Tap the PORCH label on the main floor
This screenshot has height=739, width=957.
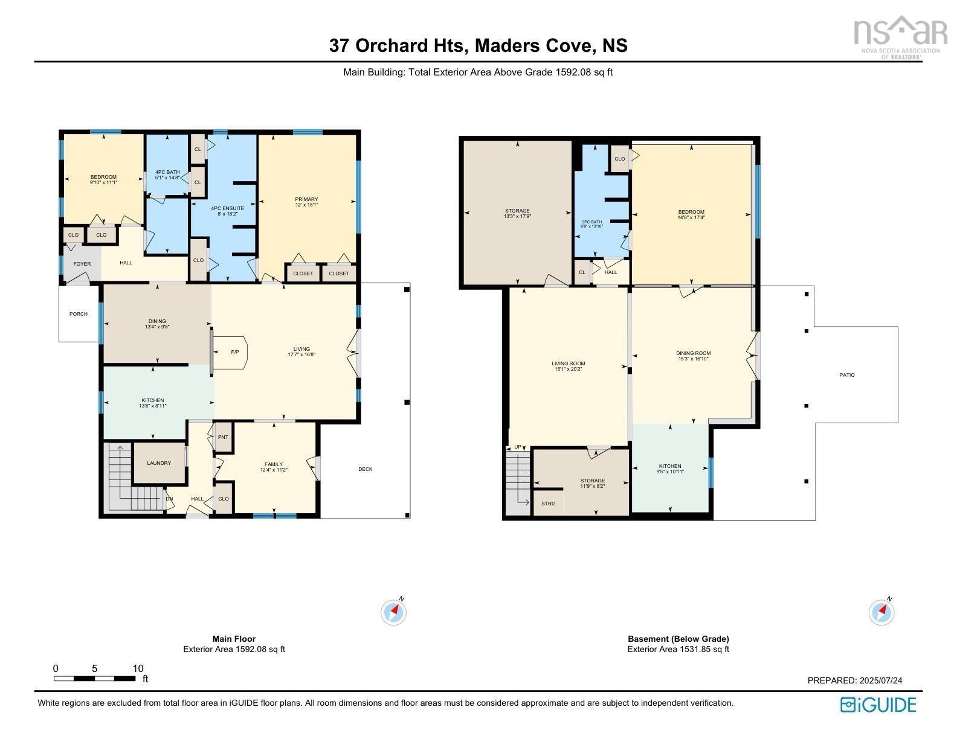click(x=79, y=314)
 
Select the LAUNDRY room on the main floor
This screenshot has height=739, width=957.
click(x=159, y=463)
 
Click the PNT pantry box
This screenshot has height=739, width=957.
click(x=223, y=437)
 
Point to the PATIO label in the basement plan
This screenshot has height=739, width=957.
click(x=847, y=375)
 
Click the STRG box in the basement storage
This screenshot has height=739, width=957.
click(x=548, y=504)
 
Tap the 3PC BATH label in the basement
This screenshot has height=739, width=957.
click(x=591, y=222)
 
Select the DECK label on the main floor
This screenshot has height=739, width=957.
click(x=366, y=469)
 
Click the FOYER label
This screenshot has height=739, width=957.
click(x=82, y=264)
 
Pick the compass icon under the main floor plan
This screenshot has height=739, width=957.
click(x=394, y=612)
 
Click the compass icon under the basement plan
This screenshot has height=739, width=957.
click(x=881, y=612)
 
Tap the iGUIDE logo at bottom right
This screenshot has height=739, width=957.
click(x=878, y=705)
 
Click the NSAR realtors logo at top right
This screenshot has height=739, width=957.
click(x=900, y=35)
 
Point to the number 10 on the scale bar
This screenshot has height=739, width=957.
click(x=138, y=668)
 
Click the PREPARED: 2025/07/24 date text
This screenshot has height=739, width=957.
click(x=855, y=680)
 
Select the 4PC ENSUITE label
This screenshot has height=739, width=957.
click(x=227, y=208)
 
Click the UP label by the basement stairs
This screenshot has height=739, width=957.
click(x=518, y=447)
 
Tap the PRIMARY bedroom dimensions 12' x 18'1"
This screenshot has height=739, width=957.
click(x=306, y=205)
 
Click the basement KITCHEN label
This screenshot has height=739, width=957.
click(x=670, y=466)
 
